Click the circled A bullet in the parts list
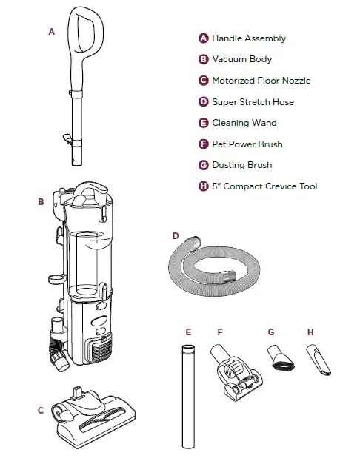tap(204, 38)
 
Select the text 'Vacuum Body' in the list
tap(242, 59)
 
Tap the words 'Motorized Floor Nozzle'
tap(261, 81)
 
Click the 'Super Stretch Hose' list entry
tap(253, 101)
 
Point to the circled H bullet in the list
tap(204, 186)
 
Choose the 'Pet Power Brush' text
tap(247, 144)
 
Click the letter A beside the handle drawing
tap(52, 32)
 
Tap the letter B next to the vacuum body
tap(41, 202)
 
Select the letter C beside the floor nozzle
tap(41, 411)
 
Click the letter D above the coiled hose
tap(176, 236)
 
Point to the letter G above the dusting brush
tap(271, 332)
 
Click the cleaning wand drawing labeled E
tap(188, 397)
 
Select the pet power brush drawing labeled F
tap(236, 372)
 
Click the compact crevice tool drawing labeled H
tap(319, 360)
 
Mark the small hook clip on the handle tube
tap(68, 138)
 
